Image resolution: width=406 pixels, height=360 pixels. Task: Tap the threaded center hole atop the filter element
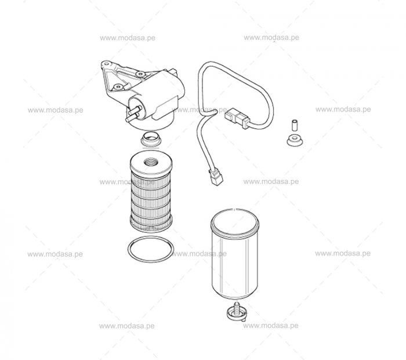pyautogui.click(x=151, y=162)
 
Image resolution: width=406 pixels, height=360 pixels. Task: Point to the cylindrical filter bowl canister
pyautogui.click(x=235, y=254)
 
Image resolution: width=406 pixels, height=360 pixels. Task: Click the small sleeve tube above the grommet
pyautogui.click(x=295, y=125)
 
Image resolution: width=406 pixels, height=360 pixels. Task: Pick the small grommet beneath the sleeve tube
pyautogui.click(x=295, y=140)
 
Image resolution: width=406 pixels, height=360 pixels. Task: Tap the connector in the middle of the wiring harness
pyautogui.click(x=237, y=118)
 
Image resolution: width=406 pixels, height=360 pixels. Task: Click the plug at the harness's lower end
pyautogui.click(x=216, y=177)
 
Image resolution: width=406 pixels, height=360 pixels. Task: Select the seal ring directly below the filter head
pyautogui.click(x=151, y=139)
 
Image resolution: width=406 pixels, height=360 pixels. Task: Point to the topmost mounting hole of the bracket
pyautogui.click(x=106, y=63)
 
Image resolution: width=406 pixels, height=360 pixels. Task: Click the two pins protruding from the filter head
pyautogui.click(x=133, y=114)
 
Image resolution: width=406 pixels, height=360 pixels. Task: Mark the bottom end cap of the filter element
pyautogui.click(x=151, y=225)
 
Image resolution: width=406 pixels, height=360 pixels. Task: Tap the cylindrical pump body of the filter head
pyautogui.click(x=155, y=96)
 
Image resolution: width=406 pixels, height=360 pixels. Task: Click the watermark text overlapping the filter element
pyautogui.click(x=127, y=182)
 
